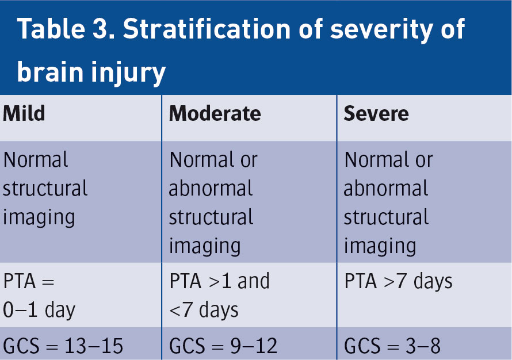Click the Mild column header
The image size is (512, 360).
(24, 113)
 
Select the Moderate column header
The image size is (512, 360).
(215, 113)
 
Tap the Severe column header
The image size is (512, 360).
(376, 113)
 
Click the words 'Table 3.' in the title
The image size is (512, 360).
(66, 29)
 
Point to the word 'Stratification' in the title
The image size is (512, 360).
(207, 29)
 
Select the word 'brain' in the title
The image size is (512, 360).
(50, 71)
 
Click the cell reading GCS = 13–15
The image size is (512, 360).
(63, 346)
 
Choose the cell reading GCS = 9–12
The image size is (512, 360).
(223, 346)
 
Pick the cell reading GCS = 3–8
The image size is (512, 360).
(392, 346)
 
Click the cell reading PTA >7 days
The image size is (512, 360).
(398, 281)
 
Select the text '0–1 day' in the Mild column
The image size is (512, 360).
(39, 310)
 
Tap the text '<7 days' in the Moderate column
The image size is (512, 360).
(204, 310)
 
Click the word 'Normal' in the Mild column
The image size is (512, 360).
(36, 160)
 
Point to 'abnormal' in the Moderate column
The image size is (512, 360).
(211, 188)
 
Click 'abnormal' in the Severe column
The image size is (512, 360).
(386, 188)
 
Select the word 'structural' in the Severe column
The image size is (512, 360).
(386, 217)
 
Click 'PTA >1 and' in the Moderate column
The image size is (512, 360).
(219, 281)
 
